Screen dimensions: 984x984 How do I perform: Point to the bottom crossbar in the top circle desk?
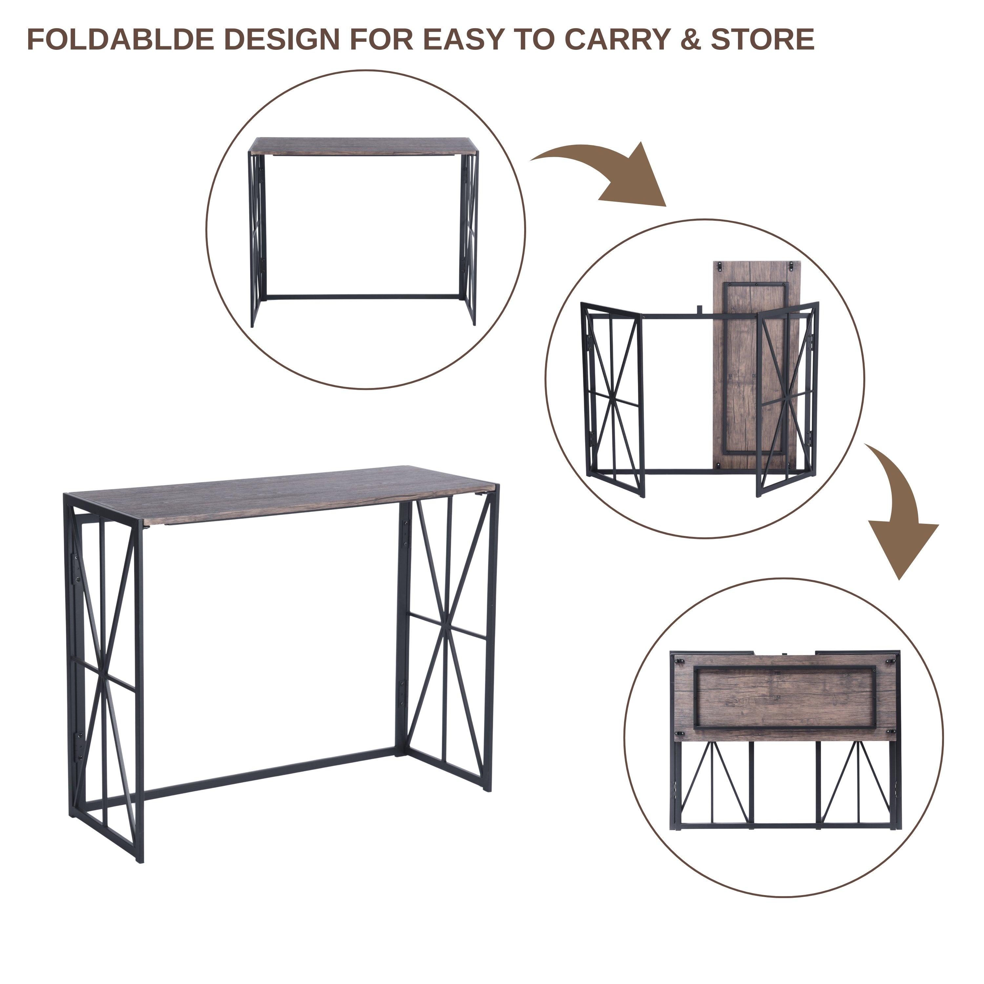[363, 296]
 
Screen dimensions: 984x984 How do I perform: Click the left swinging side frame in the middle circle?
[613, 399]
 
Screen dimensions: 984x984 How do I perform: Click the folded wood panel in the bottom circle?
[785, 697]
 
